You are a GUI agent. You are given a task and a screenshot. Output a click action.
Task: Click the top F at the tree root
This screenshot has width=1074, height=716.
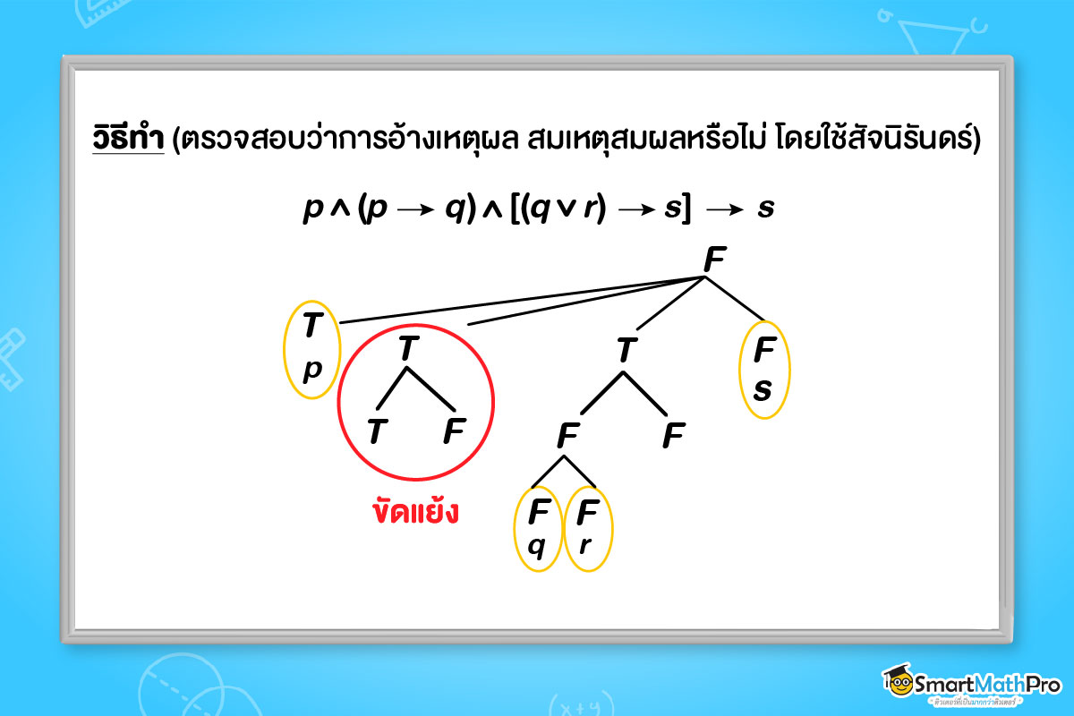coord(713,260)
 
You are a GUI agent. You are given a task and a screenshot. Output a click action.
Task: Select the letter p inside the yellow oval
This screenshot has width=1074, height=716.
coord(311,369)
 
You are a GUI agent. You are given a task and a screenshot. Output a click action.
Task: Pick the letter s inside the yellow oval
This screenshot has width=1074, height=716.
coord(763,390)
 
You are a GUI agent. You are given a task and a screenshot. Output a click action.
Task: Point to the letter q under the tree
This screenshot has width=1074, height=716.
coord(537,544)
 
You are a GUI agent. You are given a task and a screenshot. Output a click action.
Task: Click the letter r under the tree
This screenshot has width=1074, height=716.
coord(586,544)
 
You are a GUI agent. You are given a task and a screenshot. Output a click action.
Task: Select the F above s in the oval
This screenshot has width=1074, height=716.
coord(763,352)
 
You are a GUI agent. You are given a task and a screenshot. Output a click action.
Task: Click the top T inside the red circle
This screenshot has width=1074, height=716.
coord(408,347)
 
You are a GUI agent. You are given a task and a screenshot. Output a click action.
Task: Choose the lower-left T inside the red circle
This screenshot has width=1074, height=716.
coord(378,432)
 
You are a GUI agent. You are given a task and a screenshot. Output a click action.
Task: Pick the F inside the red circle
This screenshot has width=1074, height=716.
coord(454,432)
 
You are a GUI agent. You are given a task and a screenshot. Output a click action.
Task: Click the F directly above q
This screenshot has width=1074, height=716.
coord(538,513)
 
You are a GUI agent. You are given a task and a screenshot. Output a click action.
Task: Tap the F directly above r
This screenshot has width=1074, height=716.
coord(587,513)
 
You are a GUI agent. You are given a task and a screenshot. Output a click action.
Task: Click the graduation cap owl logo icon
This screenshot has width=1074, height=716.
coord(897,682)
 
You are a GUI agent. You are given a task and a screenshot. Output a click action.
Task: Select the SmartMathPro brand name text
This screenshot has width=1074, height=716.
coord(987,685)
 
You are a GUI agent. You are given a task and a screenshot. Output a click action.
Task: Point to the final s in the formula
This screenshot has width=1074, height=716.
coord(765,208)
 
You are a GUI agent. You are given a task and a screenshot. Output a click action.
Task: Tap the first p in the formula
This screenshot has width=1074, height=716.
coord(312,209)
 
